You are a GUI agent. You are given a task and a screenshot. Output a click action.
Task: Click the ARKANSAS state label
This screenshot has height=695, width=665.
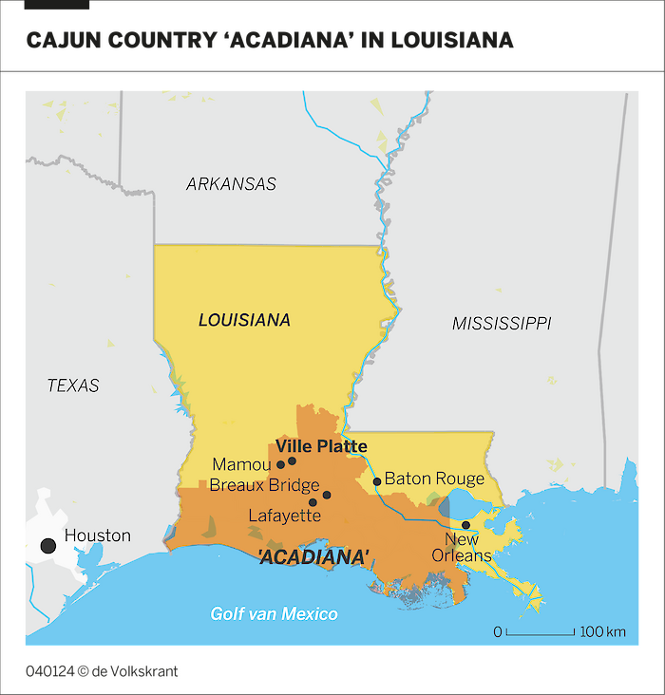click(x=231, y=184)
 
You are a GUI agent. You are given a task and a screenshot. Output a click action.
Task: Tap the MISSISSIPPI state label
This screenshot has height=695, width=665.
click(x=501, y=324)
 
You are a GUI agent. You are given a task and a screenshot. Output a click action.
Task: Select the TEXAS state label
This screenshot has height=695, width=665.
click(x=73, y=385)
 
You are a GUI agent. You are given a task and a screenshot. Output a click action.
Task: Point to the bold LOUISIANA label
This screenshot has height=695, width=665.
click(x=244, y=321)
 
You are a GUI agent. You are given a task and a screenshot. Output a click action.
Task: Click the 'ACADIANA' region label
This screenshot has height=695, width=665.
click(x=313, y=557)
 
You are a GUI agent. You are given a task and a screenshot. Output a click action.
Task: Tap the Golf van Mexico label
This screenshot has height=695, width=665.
click(x=274, y=614)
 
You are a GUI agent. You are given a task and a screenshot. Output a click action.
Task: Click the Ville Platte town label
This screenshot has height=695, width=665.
click(x=321, y=446)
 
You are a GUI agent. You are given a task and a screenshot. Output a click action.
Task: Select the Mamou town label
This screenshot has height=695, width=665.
click(x=241, y=465)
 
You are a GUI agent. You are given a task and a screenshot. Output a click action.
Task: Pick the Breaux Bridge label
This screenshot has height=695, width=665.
click(x=264, y=485)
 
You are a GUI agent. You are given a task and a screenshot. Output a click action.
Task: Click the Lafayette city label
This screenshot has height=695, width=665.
click(x=284, y=516)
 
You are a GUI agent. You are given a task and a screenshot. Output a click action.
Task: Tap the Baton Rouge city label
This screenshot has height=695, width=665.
click(x=434, y=479)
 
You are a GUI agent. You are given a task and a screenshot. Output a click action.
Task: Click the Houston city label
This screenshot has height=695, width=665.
click(x=97, y=536)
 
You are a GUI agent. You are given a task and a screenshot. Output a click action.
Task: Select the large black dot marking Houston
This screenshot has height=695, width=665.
click(x=48, y=546)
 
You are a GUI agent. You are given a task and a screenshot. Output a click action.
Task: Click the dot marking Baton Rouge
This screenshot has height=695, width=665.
click(x=377, y=481)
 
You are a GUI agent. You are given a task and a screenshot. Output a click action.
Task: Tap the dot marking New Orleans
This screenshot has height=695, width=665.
click(x=465, y=525)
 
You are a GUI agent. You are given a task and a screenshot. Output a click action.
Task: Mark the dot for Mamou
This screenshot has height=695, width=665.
click(x=280, y=465)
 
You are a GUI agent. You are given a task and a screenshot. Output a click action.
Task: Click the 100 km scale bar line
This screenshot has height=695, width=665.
click(x=540, y=631)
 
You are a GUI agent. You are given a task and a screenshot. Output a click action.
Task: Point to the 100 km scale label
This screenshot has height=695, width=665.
click(x=603, y=632)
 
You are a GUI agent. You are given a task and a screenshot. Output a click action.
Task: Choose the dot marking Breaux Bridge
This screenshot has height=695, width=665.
click(x=327, y=495)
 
